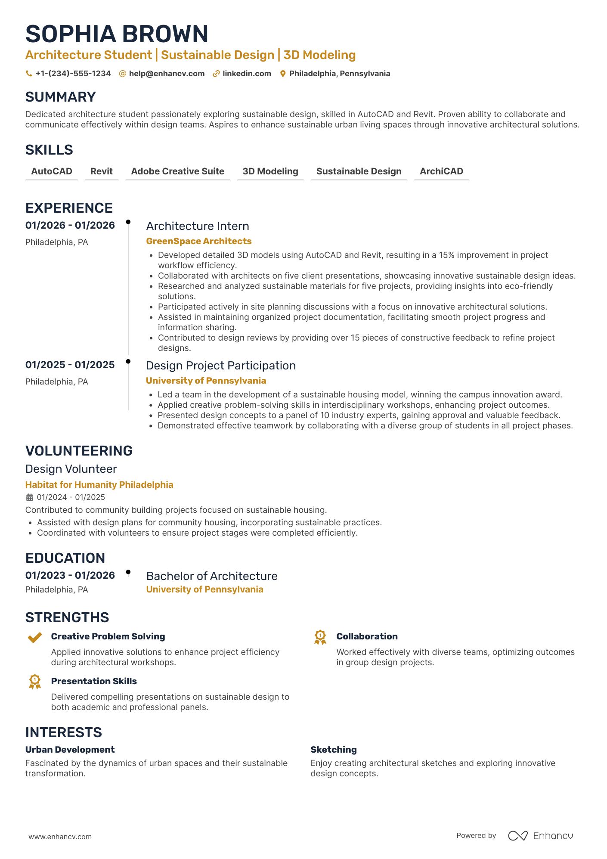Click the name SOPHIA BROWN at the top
(117, 34)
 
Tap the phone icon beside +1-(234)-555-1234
(29, 74)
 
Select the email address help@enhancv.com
(167, 74)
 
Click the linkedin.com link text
(247, 74)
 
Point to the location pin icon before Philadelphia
(283, 74)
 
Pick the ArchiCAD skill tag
(441, 171)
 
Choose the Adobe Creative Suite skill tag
(177, 171)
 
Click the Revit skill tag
(102, 171)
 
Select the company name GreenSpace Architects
(198, 241)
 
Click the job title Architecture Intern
(198, 226)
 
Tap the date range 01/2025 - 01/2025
(70, 365)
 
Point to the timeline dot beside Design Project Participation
(128, 362)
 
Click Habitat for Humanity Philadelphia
(99, 485)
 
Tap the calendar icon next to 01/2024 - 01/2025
(30, 497)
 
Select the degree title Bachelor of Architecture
(212, 576)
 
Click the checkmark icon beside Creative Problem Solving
(35, 638)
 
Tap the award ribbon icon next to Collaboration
(320, 638)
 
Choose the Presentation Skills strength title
(94, 681)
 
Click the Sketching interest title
(334, 750)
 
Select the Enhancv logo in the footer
(540, 836)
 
